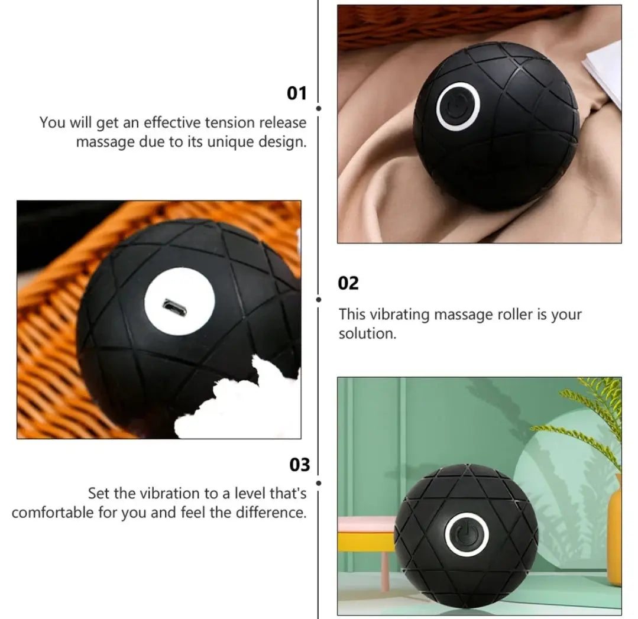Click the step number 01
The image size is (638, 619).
(x=297, y=93)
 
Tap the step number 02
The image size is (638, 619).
(x=348, y=283)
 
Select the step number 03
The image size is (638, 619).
(x=299, y=465)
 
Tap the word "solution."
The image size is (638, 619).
(x=367, y=333)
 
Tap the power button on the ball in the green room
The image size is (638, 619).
(x=467, y=533)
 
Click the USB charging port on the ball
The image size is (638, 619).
(x=174, y=306)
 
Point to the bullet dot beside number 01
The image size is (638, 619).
(x=319, y=109)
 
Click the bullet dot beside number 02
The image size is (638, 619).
(x=319, y=300)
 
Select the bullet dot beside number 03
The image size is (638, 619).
(x=319, y=484)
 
